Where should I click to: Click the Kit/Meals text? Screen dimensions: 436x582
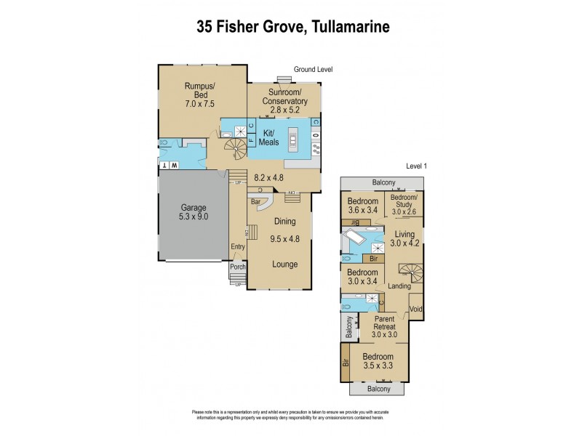[274, 139]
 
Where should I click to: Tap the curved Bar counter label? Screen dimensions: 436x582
[256, 201]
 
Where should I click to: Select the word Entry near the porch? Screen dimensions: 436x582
[239, 246]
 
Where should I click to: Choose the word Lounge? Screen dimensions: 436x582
[285, 264]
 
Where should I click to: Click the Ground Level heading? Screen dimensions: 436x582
[313, 70]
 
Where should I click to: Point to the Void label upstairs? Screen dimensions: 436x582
[415, 309]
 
